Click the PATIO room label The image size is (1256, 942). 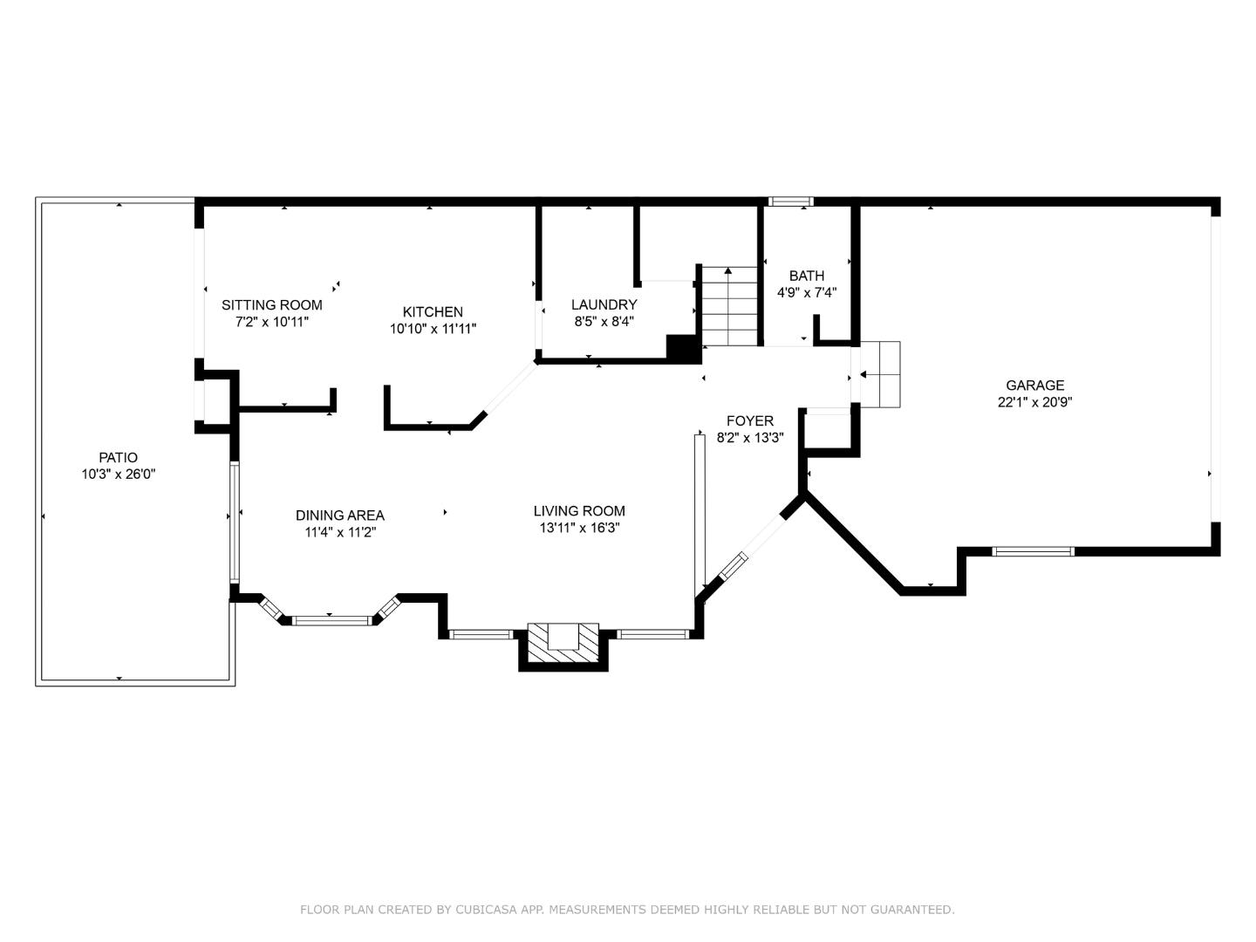118,457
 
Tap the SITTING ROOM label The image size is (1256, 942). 271,305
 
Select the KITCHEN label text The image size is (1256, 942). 433,312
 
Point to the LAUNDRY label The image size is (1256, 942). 604,304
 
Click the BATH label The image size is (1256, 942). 806,276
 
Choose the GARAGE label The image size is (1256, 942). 1034,386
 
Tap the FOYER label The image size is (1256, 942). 749,421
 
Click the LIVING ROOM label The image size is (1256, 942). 579,511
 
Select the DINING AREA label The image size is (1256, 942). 339,515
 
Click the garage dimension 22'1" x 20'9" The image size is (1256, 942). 1034,403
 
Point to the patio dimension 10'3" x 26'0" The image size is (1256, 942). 118,474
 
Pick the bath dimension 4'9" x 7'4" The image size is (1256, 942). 806,293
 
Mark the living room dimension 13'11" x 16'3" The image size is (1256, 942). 579,529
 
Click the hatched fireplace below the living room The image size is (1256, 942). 563,644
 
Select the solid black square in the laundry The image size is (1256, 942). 683,347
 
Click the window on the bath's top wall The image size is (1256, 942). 790,201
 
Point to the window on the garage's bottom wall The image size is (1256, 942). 1034,551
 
